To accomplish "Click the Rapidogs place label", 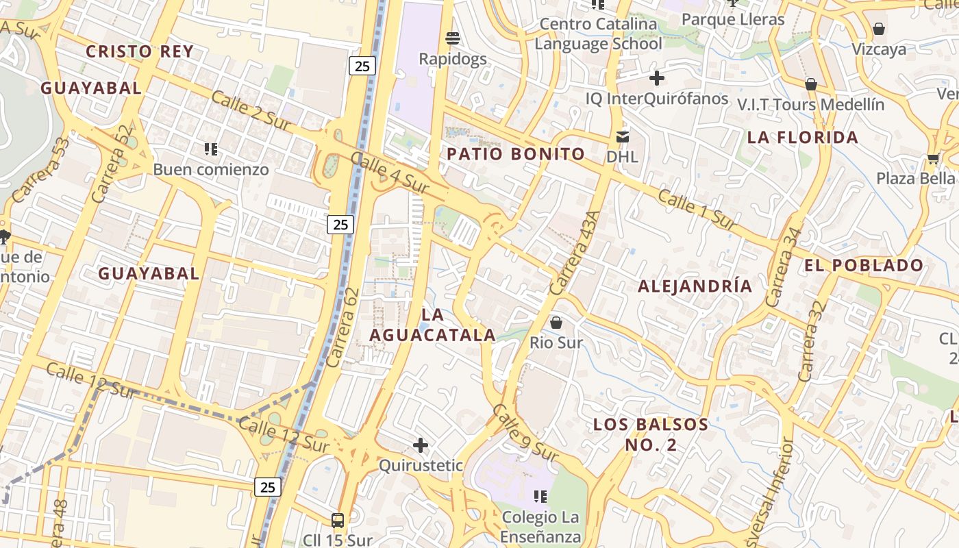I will click(x=453, y=59).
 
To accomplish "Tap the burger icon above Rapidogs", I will click(x=452, y=38).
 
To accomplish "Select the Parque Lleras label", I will click(x=733, y=19).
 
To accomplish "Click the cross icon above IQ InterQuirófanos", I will click(x=656, y=78).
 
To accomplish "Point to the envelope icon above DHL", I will click(x=622, y=136).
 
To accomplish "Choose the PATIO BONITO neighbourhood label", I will click(x=516, y=154).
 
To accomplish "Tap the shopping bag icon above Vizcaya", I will click(x=878, y=29).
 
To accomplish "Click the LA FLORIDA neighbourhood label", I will click(x=803, y=138).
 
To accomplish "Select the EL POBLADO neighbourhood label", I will click(x=864, y=266).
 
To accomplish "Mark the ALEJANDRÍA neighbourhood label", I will click(x=695, y=286).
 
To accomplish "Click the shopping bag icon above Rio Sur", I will click(x=556, y=322).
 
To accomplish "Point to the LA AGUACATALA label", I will click(x=432, y=325).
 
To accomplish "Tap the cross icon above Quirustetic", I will click(x=421, y=446).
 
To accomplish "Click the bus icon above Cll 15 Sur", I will click(x=338, y=520).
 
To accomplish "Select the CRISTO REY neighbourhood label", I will click(x=140, y=51).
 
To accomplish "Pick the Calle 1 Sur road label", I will click(x=697, y=210).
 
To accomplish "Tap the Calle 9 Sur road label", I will click(x=525, y=432).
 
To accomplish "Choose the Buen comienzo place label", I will click(x=211, y=169).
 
